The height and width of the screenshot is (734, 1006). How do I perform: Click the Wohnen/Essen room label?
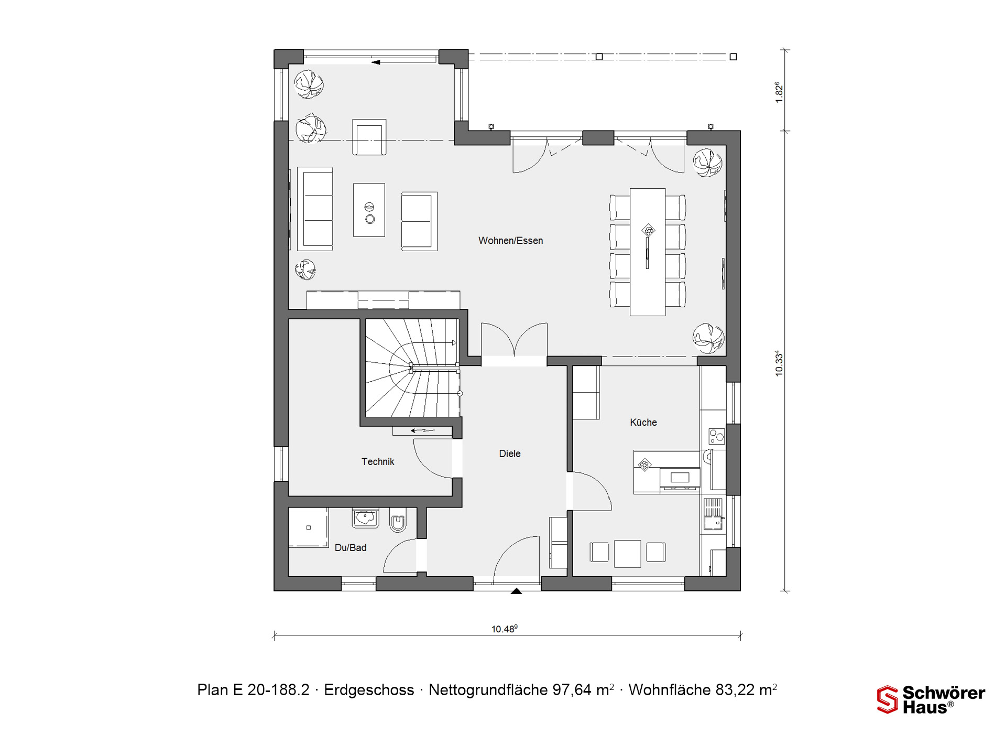tap(510, 241)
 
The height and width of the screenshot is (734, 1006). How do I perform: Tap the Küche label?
tap(643, 422)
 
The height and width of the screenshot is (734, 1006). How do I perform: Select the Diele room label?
tap(510, 454)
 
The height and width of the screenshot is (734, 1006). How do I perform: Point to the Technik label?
tap(378, 461)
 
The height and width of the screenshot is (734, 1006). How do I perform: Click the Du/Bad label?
tap(351, 547)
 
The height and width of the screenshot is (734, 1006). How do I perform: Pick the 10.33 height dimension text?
tap(779, 363)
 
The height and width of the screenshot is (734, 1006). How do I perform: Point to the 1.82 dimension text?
tap(779, 92)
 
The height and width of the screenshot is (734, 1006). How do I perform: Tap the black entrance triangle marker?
tap(517, 591)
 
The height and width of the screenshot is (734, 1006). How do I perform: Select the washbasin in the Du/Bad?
tap(366, 517)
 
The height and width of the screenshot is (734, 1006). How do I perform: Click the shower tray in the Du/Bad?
tap(308, 527)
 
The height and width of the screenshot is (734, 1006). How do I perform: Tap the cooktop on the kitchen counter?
tap(716, 435)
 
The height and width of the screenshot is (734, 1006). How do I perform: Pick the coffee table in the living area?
tap(369, 210)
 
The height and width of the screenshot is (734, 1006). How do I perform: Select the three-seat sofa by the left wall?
tap(315, 209)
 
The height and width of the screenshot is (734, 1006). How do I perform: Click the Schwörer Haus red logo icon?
tap(887, 699)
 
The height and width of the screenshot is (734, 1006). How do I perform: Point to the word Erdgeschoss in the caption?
tap(369, 690)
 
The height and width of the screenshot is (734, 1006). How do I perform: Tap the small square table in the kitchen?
tap(628, 554)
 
